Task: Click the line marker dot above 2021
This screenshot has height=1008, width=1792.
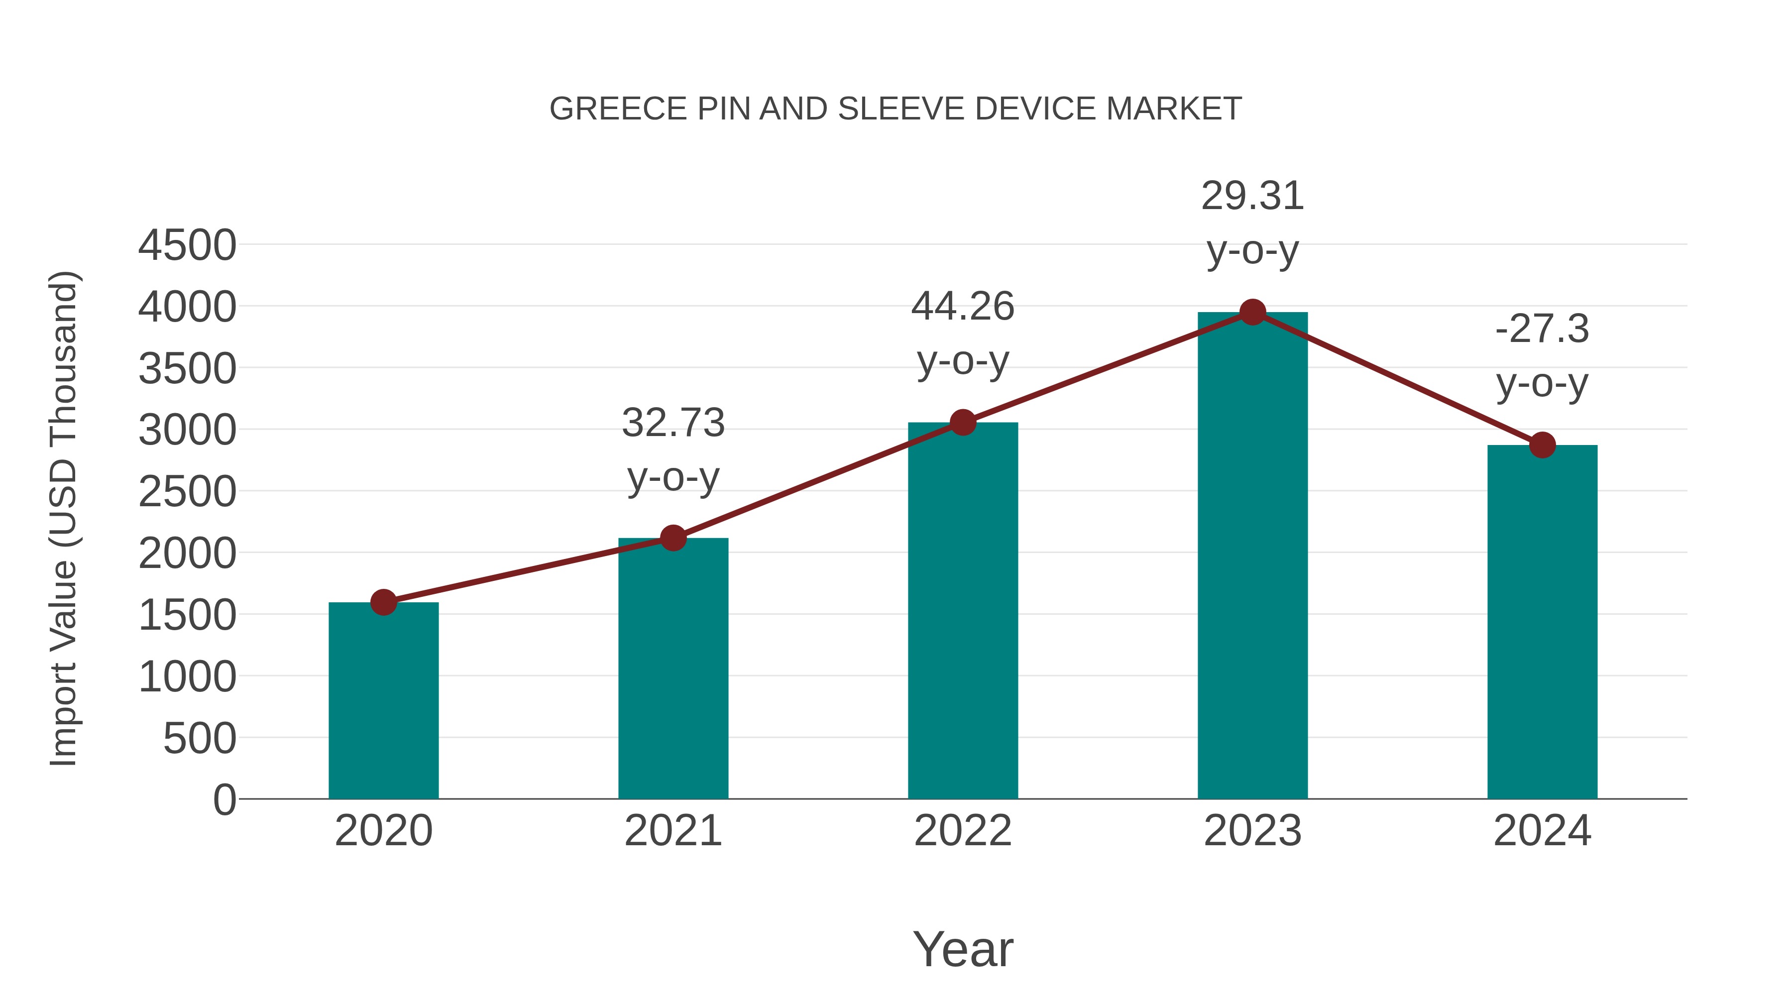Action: (x=672, y=538)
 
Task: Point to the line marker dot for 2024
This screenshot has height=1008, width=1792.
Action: (x=1542, y=445)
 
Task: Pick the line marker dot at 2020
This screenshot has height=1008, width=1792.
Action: (x=383, y=602)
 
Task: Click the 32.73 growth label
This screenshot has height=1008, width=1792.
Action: (x=672, y=423)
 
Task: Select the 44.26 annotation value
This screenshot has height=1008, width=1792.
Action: (x=963, y=307)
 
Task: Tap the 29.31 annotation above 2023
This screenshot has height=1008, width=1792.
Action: (x=1252, y=196)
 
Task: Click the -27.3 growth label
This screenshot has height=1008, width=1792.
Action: (x=1542, y=329)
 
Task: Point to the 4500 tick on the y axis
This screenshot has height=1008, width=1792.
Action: (x=187, y=245)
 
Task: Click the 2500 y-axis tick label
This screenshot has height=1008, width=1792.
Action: (x=187, y=492)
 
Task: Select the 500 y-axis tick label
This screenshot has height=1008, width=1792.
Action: (x=200, y=739)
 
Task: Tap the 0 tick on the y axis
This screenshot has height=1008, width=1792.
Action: (x=224, y=800)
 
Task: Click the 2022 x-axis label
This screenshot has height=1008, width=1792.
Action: (x=963, y=831)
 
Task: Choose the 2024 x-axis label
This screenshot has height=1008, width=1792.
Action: (x=1542, y=831)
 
